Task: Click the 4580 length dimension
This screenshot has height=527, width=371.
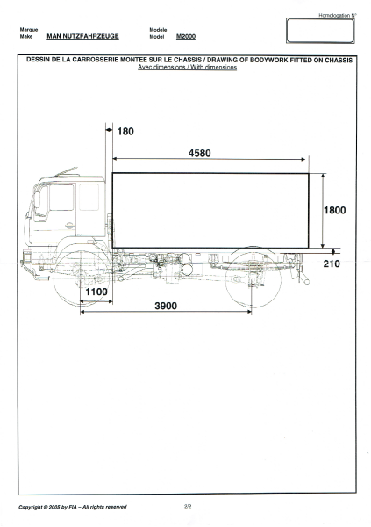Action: point(199,153)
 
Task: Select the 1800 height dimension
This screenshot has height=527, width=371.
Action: point(335,210)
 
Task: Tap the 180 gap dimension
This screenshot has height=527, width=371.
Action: point(125,131)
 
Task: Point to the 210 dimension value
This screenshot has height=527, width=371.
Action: point(332,263)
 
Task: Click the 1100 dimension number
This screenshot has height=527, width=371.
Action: point(96,292)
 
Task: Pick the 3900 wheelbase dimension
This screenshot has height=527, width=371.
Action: point(166,306)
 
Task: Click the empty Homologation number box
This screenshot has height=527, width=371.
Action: point(320,31)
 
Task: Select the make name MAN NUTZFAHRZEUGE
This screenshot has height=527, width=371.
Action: point(82,36)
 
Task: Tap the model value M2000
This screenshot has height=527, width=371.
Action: point(186,36)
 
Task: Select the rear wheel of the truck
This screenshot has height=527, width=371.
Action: point(253,278)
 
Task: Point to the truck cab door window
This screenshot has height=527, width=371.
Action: point(61,198)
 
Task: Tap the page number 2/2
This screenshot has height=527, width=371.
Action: point(188,506)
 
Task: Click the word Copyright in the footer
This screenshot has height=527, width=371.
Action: point(31,507)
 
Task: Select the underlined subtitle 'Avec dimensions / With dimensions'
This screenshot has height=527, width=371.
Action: point(188,67)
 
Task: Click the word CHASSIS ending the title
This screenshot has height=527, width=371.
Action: point(339,60)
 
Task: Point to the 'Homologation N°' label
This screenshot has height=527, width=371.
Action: point(338,15)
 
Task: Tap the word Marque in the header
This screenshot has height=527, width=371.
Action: point(29,30)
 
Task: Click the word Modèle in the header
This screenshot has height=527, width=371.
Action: point(158,30)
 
